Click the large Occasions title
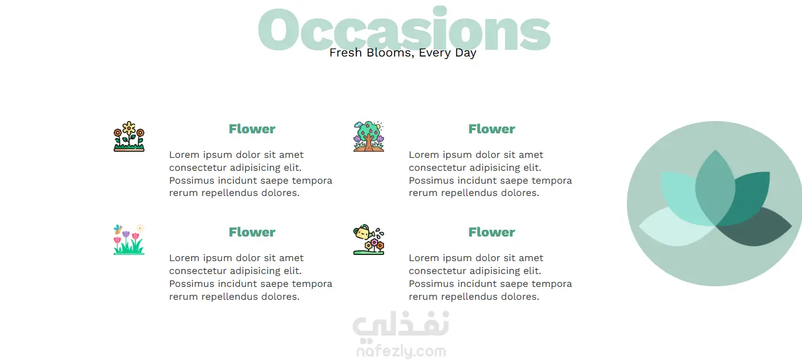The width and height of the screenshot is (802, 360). point(404,29)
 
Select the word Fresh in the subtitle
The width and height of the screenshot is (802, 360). point(345,53)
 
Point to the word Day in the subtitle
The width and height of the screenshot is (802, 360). point(465,53)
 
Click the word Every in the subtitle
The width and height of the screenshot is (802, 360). point(434,53)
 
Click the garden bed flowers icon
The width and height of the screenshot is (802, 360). point(129,136)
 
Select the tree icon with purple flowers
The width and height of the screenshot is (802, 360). point(369,136)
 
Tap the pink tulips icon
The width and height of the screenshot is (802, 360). point(129,240)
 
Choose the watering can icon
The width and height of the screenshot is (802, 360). point(369,240)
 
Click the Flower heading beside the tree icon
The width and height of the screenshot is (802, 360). point(492,129)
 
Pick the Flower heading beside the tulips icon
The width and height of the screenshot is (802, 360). point(252,232)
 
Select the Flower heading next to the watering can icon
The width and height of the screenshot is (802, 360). point(492,232)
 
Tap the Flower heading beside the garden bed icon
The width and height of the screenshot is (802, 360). point(252,129)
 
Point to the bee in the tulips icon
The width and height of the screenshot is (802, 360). point(118,229)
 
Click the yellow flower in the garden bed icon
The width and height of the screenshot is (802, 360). point(129,128)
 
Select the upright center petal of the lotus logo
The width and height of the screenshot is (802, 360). point(715,188)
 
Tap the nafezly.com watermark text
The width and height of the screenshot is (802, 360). point(401,351)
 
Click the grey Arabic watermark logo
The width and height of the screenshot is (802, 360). point(401,324)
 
